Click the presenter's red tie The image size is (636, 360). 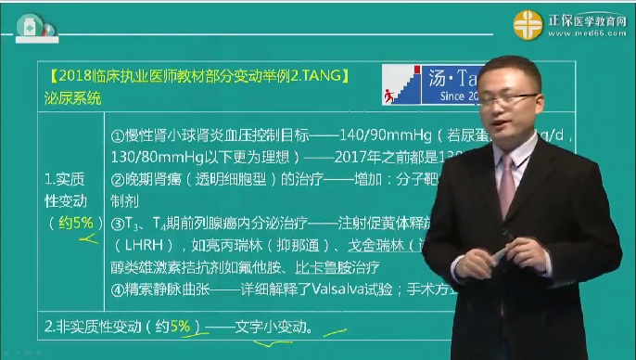coord(504,175)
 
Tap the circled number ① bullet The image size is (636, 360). coord(118,134)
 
